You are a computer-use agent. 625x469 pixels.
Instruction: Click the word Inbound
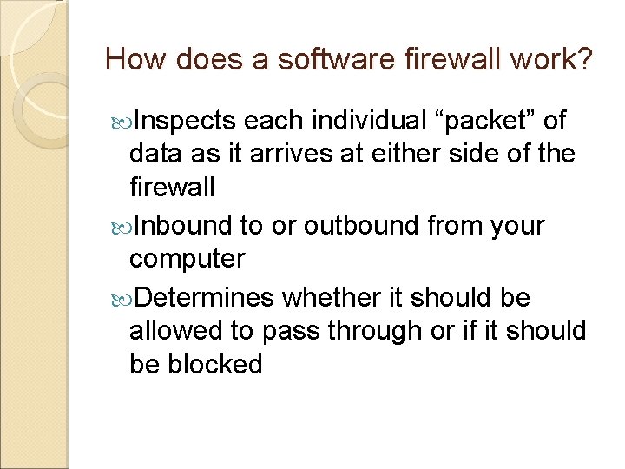[184, 226]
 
